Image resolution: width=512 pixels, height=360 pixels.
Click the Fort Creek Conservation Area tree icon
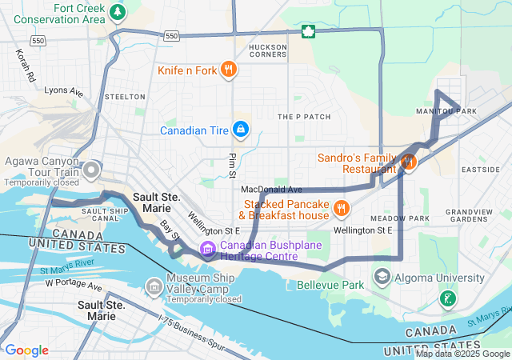pyautogui.click(x=118, y=12)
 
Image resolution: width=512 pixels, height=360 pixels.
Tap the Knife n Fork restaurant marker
pyautogui.click(x=228, y=70)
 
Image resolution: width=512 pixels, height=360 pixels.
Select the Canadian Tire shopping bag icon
pyautogui.click(x=240, y=130)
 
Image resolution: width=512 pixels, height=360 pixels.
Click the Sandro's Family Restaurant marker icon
pyautogui.click(x=409, y=162)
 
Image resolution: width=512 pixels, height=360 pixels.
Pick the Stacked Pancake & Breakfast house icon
pyautogui.click(x=342, y=209)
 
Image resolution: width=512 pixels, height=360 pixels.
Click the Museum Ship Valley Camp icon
pyautogui.click(x=154, y=286)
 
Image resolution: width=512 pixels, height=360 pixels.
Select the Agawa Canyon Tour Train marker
pyautogui.click(x=93, y=170)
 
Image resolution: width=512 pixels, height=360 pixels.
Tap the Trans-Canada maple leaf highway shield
pyautogui.click(x=307, y=32)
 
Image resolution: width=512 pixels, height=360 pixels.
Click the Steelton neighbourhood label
pyautogui.click(x=124, y=97)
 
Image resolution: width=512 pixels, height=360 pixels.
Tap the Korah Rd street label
pyautogui.click(x=25, y=66)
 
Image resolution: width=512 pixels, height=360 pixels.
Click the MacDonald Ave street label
pyautogui.click(x=271, y=190)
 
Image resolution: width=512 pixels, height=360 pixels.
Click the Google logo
pyautogui.click(x=26, y=350)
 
